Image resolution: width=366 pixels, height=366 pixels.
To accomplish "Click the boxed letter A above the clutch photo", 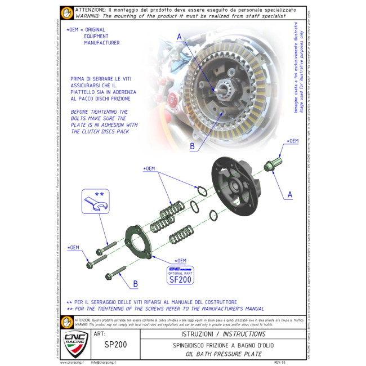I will pyautogui.click(x=180, y=37).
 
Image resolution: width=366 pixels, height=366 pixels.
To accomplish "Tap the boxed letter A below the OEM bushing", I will pyautogui.click(x=289, y=194).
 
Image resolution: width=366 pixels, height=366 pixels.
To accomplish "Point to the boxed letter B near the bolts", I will pyautogui.click(x=135, y=283).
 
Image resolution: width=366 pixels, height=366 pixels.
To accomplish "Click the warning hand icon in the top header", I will pyautogui.click(x=66, y=12).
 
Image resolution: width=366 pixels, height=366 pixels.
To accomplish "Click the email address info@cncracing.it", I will pyautogui.click(x=108, y=362).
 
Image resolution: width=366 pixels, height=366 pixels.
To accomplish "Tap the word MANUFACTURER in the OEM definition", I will pyautogui.click(x=101, y=42).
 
